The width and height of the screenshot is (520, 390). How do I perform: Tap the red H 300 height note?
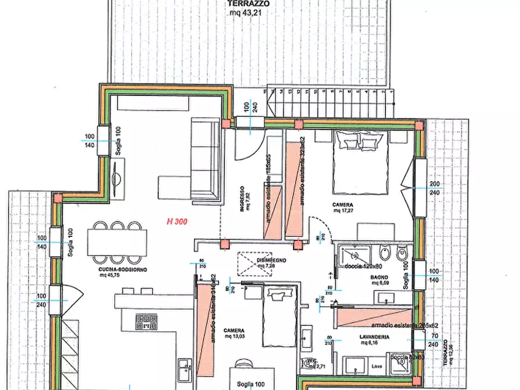pos(177,221)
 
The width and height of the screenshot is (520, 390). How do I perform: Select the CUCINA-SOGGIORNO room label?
pos(122,270)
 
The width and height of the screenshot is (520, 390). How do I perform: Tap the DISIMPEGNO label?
pos(256,260)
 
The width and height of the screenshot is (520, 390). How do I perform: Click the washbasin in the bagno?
pos(384,299)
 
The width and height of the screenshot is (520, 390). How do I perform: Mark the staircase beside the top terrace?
pos(328,103)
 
